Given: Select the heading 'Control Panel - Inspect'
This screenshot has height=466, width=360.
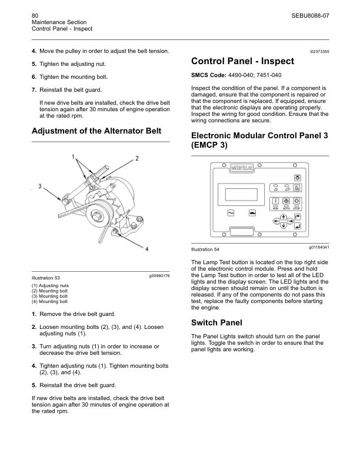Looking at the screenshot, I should click(244, 62).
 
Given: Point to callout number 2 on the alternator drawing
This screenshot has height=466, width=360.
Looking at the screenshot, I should click(136, 159).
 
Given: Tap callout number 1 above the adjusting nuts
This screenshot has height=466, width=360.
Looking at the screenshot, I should click(74, 157).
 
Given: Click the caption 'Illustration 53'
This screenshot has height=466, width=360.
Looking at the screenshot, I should click(45, 278).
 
